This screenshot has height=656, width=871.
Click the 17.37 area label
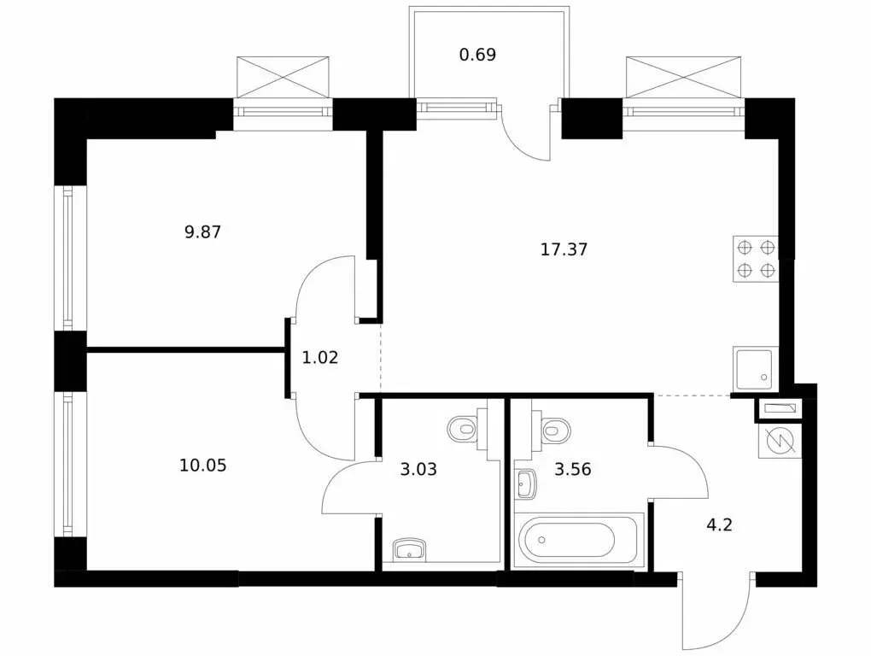[564, 249]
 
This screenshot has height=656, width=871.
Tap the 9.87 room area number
[202, 231]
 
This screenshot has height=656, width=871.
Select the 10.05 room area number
[202, 465]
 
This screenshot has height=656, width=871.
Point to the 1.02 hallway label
[320, 357]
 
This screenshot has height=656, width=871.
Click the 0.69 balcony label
[477, 55]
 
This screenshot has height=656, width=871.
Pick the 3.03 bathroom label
[418, 470]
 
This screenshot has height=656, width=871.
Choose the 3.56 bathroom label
[573, 470]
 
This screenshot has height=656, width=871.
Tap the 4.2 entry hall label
[719, 524]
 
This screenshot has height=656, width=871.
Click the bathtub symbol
[579, 540]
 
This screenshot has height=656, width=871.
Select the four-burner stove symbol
[756, 259]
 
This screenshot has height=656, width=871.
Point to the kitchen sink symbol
[756, 369]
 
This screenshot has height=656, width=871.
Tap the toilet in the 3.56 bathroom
[552, 428]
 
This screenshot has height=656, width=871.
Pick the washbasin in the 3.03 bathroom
[409, 549]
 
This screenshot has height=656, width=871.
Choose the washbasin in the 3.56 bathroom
[525, 483]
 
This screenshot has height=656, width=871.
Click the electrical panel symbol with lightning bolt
[780, 441]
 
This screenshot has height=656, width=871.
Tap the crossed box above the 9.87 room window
[283, 77]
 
